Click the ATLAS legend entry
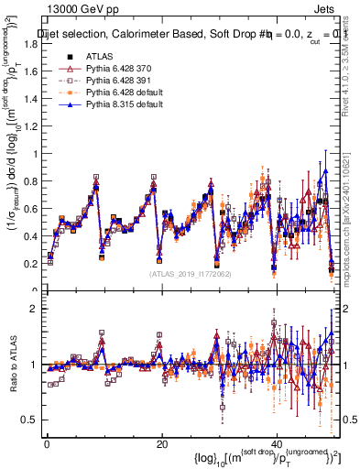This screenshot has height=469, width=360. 100,57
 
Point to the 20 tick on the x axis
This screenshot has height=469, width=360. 161,444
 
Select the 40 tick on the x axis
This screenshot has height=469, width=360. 277,444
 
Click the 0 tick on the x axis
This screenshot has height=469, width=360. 47,444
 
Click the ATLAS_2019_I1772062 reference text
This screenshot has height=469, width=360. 191,273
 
